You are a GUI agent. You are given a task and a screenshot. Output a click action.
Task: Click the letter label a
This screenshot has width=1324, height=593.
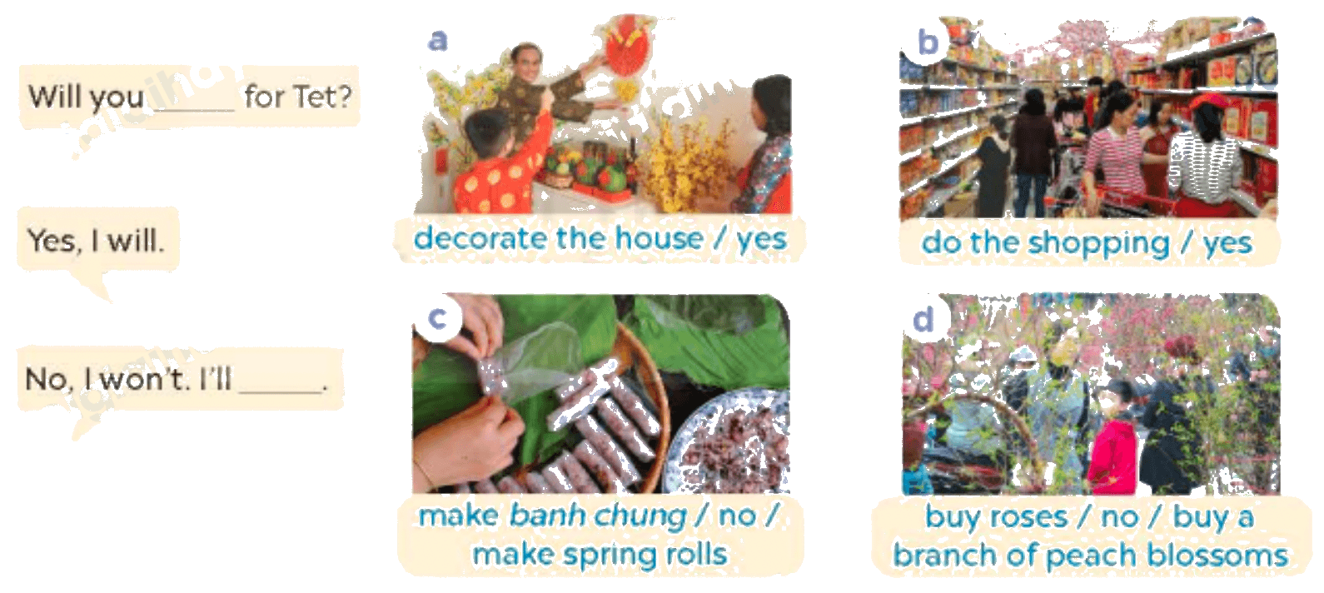click(437, 40)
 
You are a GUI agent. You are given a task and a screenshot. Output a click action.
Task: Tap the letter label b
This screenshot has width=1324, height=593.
click(928, 42)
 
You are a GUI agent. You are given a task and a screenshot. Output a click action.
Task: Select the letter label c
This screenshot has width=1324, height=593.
click(437, 318)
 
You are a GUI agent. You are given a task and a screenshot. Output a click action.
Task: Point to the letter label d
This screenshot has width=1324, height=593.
click(923, 319)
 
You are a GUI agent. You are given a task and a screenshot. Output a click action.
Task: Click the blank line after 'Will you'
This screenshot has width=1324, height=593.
click(194, 109)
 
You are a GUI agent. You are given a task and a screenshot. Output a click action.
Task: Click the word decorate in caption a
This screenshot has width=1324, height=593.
click(480, 238)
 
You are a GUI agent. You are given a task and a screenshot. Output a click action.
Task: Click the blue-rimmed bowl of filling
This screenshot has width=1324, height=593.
click(730, 442)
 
